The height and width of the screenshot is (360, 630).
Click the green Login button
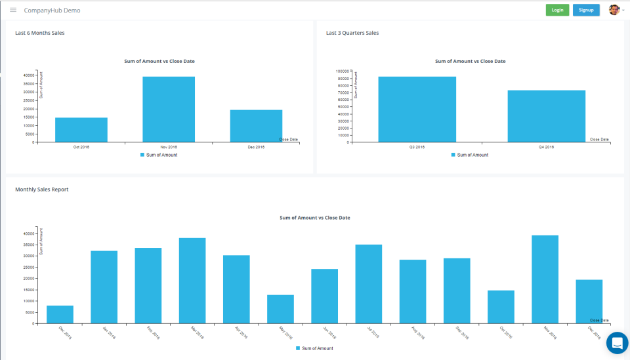pos(557,10)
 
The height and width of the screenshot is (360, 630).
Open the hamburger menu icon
pos(13,10)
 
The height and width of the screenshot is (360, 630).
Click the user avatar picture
pos(614,10)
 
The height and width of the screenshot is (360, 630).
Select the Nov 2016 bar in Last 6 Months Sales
pos(169,109)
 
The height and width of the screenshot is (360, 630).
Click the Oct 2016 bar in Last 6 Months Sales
pos(81,129)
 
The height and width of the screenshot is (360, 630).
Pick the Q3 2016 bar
pos(417,109)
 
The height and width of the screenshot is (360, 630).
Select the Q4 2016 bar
pos(546,115)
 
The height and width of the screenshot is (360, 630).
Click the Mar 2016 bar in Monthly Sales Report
pos(192,280)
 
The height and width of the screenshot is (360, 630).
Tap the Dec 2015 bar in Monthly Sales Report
pos(60,314)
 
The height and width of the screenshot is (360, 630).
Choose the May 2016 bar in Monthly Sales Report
pos(280,309)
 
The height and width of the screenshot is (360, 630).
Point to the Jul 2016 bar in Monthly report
pos(368,283)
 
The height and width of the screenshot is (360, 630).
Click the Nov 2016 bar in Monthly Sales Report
pos(545,279)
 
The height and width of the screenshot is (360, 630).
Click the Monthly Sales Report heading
pos(42,190)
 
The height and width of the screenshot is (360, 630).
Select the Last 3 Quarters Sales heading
pos(352,33)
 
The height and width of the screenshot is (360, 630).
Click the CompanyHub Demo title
pos(52,10)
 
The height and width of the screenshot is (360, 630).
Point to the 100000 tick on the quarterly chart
pos(342,71)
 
